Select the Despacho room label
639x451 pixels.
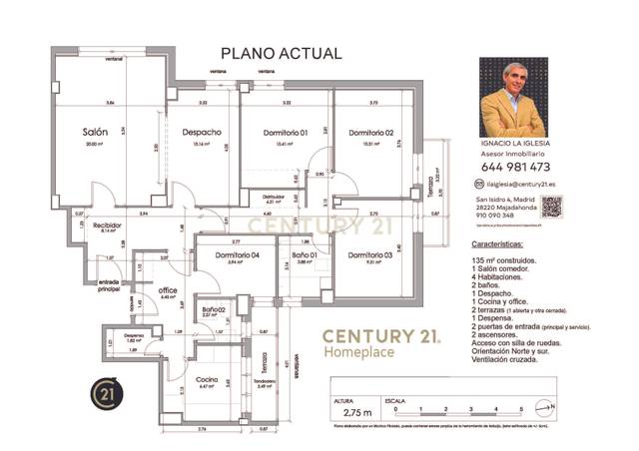tap(201, 133)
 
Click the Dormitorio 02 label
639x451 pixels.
tap(370, 133)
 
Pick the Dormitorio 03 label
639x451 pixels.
tap(370, 255)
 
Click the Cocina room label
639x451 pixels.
tap(208, 379)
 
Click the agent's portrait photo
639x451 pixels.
tap(513, 98)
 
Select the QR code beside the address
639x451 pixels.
tap(551, 207)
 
